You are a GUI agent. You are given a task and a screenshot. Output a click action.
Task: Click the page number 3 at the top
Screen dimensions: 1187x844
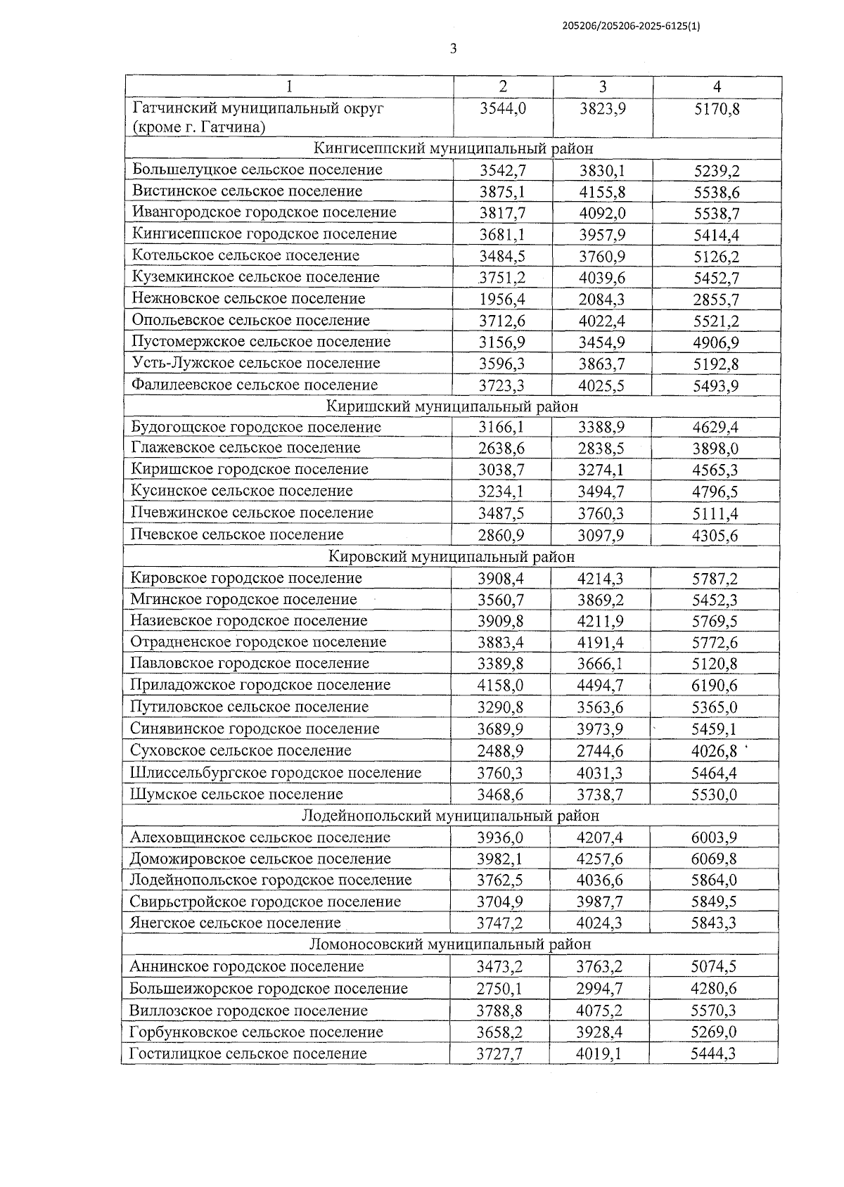(453, 49)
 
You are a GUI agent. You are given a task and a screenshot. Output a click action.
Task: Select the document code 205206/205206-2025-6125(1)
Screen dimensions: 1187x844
(631, 26)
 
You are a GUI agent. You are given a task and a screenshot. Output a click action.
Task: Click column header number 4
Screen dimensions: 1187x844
(717, 86)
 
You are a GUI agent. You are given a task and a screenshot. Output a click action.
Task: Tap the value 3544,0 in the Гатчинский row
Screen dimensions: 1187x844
(502, 109)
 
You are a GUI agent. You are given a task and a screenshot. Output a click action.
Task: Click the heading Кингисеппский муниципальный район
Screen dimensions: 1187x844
(453, 148)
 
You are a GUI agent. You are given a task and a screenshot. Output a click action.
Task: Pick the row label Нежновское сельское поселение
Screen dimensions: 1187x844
(248, 299)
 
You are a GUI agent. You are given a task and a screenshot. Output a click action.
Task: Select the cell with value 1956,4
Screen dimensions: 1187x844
(502, 300)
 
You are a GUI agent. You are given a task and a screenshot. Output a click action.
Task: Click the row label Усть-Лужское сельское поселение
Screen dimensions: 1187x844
(256, 364)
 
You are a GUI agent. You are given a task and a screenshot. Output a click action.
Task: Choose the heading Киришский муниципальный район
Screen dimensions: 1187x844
(452, 406)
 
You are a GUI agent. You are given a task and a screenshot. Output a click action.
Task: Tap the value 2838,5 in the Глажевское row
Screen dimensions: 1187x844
(601, 449)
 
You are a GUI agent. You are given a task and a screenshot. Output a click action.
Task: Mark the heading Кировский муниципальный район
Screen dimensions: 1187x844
(452, 557)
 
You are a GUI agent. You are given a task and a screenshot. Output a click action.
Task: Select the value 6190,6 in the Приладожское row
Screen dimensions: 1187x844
(714, 686)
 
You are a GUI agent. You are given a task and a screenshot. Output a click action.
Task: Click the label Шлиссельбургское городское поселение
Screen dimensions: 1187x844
(276, 773)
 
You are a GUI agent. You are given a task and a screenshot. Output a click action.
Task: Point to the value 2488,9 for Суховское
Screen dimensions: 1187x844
(500, 751)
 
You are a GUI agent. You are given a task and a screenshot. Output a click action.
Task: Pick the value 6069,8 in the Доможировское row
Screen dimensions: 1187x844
(714, 859)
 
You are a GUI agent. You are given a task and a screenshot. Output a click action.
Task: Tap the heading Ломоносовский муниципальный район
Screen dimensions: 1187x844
(450, 944)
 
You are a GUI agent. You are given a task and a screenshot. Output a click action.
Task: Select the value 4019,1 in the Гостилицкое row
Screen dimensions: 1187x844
(599, 1054)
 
